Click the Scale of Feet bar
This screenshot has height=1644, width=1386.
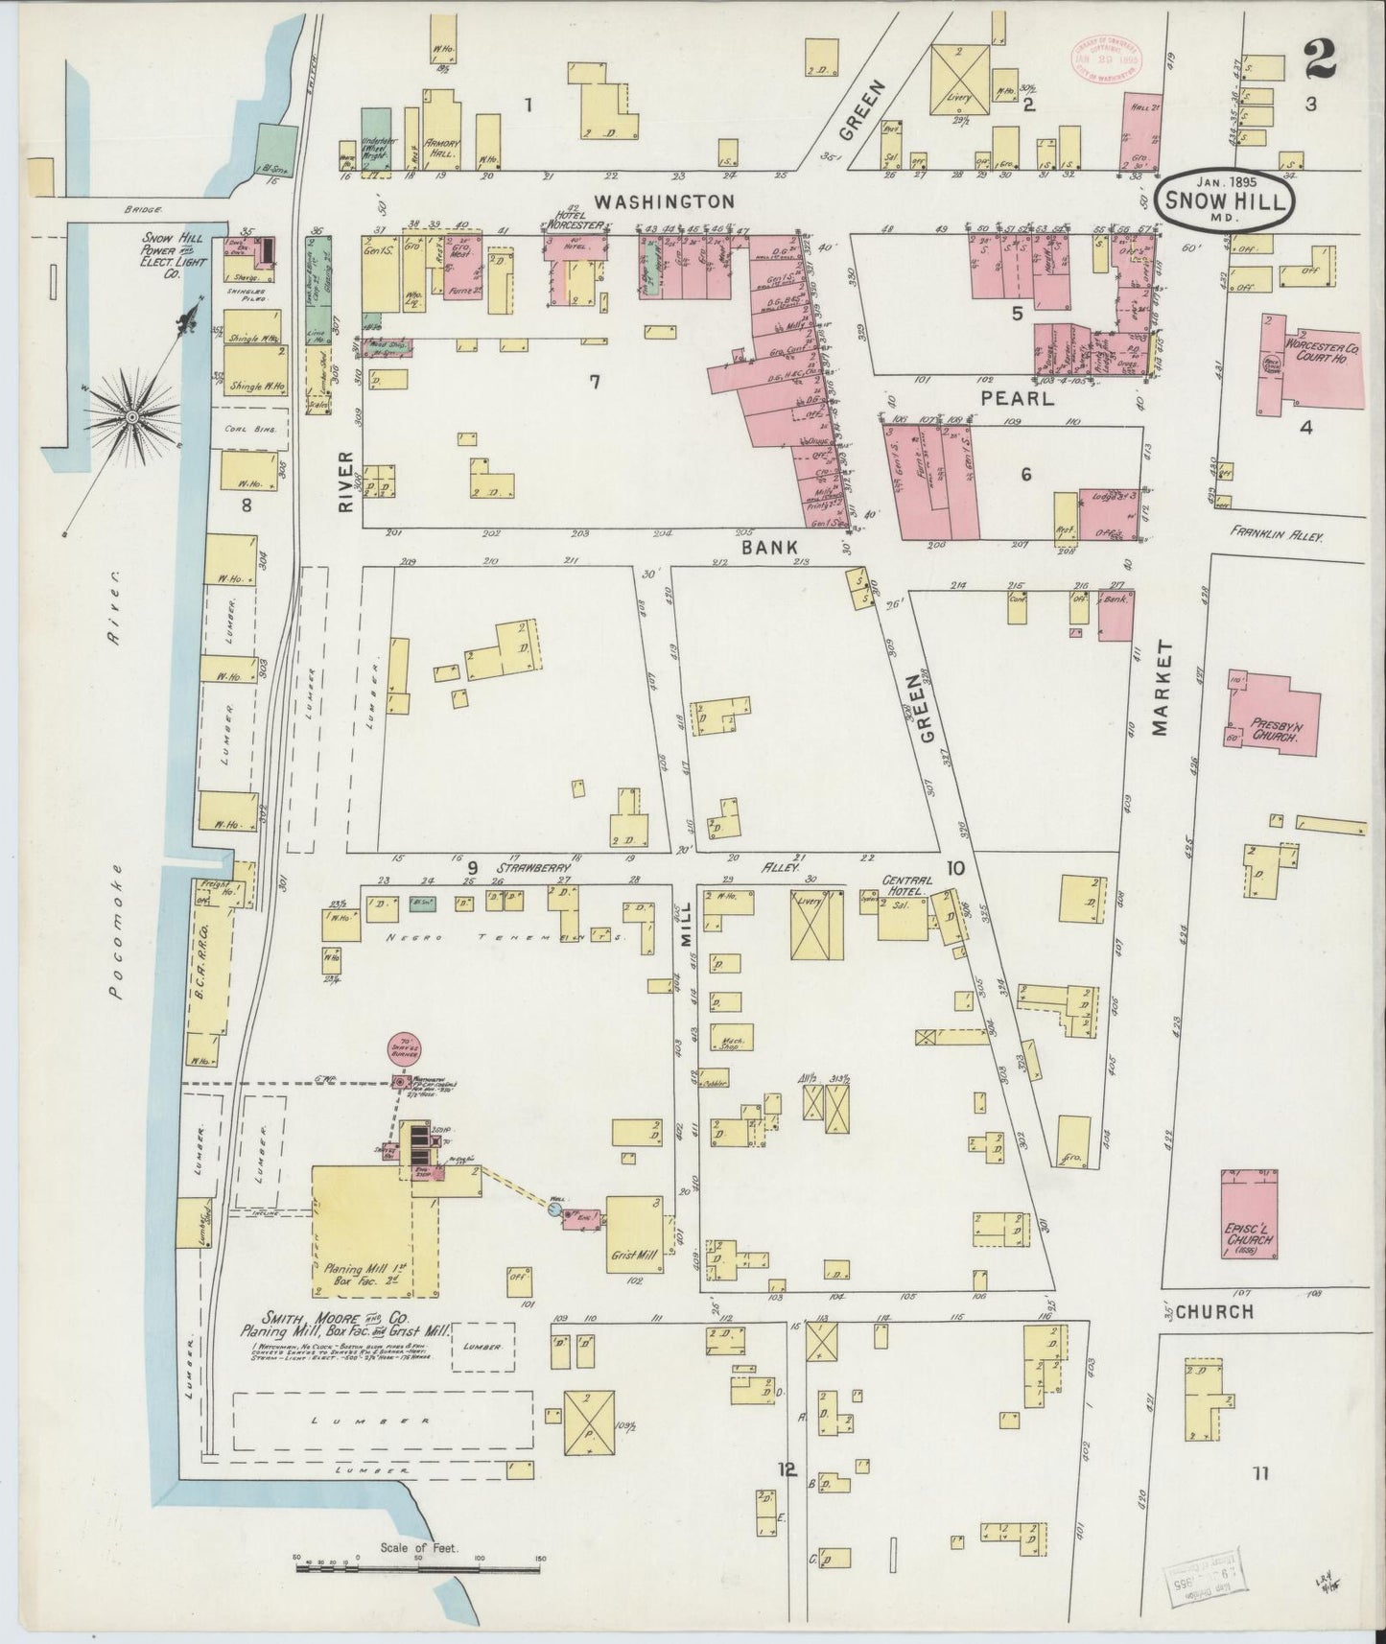418,1569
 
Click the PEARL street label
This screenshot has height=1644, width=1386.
1017,398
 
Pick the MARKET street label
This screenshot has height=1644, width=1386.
1163,689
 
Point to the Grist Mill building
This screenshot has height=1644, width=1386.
633,1236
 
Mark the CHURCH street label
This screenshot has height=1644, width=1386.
1214,1311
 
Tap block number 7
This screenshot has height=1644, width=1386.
595,382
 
